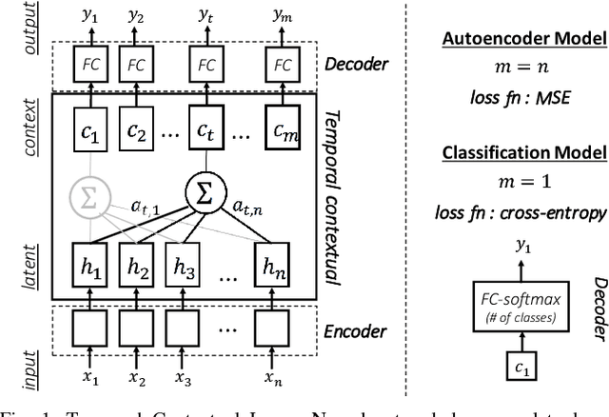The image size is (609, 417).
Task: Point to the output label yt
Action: coord(206,15)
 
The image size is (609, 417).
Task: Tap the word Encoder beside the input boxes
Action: coord(353,332)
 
